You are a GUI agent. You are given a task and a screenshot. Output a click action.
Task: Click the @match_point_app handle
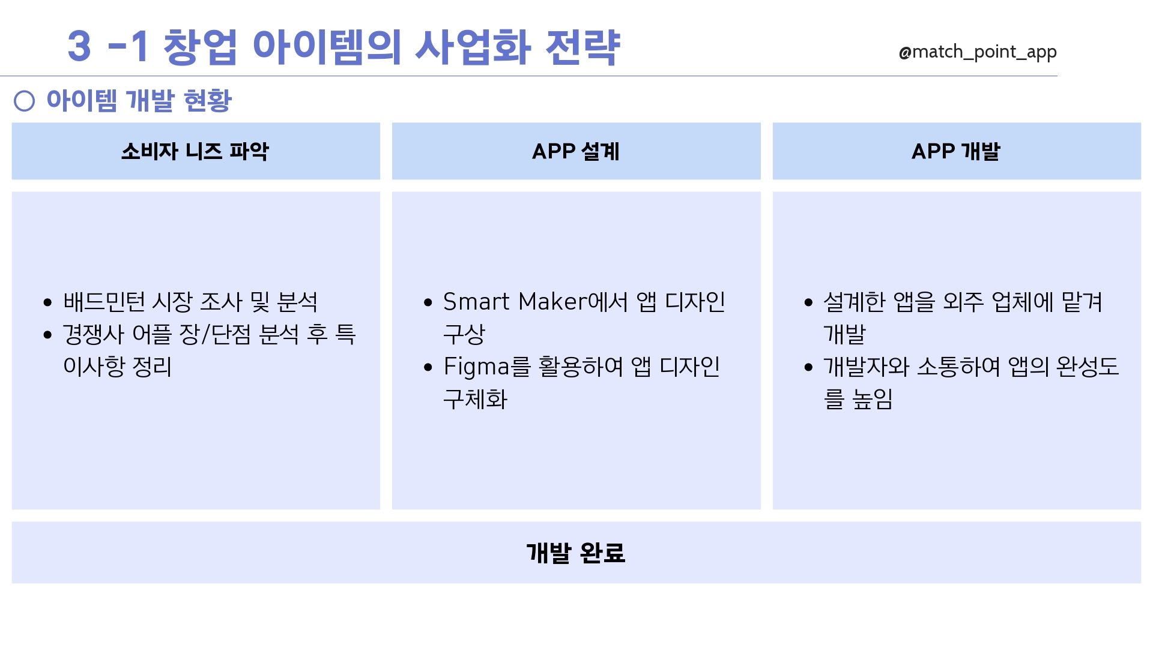(978, 52)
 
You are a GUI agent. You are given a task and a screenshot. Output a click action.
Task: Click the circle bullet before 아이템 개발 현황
(24, 101)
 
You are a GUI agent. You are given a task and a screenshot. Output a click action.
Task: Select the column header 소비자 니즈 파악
(195, 151)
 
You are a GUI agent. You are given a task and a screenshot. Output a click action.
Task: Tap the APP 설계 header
(576, 151)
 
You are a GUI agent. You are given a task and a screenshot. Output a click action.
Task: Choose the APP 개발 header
(956, 151)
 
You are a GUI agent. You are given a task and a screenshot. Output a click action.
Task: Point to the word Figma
(476, 367)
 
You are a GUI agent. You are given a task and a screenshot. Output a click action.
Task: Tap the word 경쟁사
(93, 334)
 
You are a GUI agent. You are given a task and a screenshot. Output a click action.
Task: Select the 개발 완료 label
(576, 553)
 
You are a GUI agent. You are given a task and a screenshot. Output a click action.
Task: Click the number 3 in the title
(79, 46)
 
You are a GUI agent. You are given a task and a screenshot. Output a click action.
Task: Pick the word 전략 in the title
(583, 46)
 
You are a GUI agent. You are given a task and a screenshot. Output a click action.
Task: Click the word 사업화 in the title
(473, 46)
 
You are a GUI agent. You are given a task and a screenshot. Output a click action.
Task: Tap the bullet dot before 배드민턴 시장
(48, 302)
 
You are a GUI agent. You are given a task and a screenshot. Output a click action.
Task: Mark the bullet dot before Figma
(428, 367)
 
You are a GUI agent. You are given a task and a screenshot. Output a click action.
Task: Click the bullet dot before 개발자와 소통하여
(808, 367)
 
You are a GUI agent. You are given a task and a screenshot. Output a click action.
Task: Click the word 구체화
(476, 399)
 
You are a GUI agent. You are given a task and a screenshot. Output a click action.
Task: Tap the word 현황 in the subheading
(207, 100)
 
